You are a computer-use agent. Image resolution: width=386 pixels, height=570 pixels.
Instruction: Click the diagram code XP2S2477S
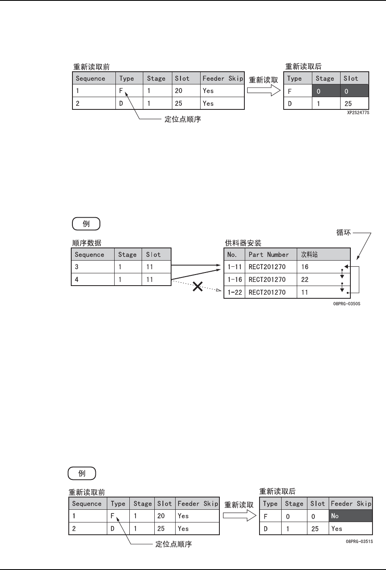(x=358, y=112)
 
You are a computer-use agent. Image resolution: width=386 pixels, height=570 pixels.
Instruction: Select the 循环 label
(x=343, y=232)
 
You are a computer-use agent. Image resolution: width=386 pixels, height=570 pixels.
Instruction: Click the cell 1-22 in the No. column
(x=235, y=292)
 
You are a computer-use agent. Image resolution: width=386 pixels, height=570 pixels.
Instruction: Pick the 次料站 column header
(x=309, y=254)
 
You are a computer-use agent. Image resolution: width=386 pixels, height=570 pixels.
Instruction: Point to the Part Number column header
(x=269, y=254)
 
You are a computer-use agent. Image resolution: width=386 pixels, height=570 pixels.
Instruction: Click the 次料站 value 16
(x=305, y=267)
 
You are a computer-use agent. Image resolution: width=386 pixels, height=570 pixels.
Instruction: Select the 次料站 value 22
(x=305, y=279)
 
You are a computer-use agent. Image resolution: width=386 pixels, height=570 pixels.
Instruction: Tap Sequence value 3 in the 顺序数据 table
(x=77, y=267)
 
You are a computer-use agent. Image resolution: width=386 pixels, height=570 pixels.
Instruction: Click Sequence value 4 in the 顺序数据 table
(x=77, y=279)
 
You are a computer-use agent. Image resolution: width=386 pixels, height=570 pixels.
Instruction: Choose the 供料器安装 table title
(x=243, y=243)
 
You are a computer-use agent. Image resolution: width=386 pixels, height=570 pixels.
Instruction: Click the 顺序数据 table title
(x=87, y=243)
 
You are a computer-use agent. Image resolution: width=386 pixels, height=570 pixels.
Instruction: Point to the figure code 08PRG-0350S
(x=346, y=304)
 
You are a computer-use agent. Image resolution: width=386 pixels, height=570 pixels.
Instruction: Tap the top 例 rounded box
(x=86, y=224)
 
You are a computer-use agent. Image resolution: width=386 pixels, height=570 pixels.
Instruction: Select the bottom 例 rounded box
(x=82, y=473)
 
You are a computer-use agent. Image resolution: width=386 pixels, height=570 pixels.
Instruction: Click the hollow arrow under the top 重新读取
(x=264, y=90)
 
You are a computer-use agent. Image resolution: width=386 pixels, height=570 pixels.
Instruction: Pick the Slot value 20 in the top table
(x=178, y=91)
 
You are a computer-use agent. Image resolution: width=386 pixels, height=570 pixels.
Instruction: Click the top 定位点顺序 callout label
(x=183, y=120)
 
